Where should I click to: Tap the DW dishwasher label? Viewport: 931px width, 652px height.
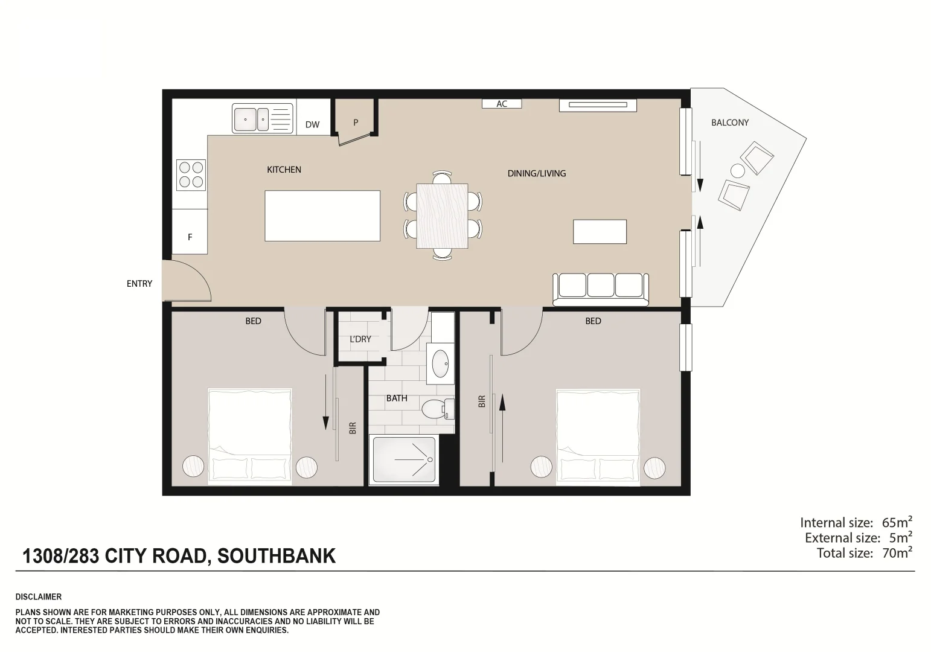click(312, 125)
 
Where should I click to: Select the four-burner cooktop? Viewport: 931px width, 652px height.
click(191, 174)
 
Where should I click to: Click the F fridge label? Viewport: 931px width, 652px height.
click(190, 237)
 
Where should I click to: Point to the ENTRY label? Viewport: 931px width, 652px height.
click(139, 284)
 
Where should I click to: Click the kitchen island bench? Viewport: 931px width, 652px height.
click(322, 216)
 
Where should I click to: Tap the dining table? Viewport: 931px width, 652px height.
click(443, 216)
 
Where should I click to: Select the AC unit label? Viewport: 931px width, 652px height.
click(502, 104)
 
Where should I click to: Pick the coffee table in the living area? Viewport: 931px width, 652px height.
click(600, 232)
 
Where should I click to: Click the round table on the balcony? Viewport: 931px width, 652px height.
click(737, 170)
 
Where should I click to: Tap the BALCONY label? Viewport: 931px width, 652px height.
click(729, 123)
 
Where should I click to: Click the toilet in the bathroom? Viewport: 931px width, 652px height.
click(435, 409)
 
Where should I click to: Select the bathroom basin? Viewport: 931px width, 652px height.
click(441, 363)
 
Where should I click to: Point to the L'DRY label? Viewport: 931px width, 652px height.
click(360, 339)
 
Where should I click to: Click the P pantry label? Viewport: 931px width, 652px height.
click(356, 123)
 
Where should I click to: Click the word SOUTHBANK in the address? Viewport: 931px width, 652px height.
click(276, 556)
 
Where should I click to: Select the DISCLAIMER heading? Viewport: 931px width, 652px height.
click(39, 597)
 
